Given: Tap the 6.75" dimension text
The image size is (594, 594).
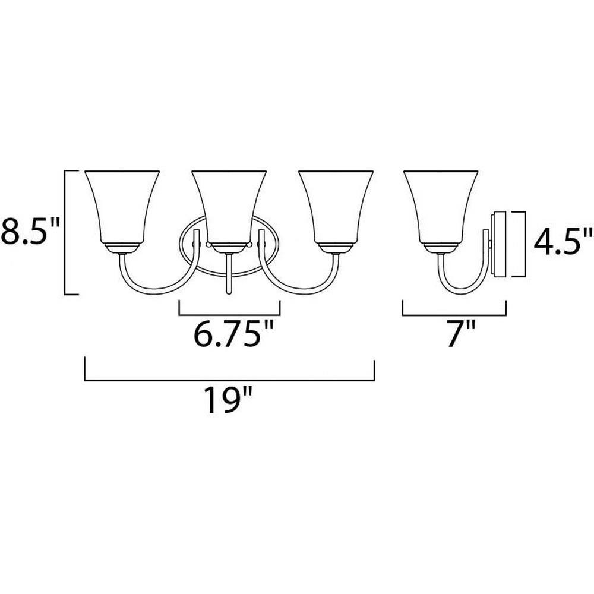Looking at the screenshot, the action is [233, 333].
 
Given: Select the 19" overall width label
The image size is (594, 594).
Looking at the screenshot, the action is [229, 400].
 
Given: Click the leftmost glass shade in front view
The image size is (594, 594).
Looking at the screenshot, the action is [122, 207].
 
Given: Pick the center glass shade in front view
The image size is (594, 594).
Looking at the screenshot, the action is [229, 207].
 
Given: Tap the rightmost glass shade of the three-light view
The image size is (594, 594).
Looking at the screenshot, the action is [336, 207].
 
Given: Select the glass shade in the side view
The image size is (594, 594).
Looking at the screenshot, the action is [441, 207].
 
